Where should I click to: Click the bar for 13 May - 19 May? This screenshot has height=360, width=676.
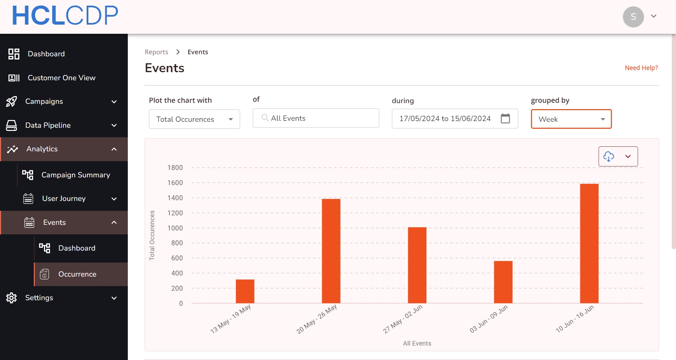(245, 291)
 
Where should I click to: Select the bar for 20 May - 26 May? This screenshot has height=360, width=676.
(331, 251)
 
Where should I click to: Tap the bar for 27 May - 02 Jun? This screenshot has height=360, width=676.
(417, 265)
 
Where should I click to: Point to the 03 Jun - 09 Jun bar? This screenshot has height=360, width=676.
(503, 282)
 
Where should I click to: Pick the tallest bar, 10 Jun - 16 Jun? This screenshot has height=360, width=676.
(589, 243)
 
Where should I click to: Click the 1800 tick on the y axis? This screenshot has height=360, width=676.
(175, 168)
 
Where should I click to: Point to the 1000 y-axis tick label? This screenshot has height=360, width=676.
(175, 228)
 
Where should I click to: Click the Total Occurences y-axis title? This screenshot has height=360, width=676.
(152, 235)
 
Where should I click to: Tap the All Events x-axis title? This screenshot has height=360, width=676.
(417, 343)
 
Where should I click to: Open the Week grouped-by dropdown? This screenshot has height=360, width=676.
(571, 119)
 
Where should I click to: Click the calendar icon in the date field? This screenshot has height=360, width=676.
(505, 118)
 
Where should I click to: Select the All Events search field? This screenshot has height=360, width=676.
(316, 118)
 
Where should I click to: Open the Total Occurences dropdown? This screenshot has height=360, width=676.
(194, 119)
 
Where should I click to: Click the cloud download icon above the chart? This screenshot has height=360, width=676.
(609, 156)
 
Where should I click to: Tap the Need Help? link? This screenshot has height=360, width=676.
(641, 68)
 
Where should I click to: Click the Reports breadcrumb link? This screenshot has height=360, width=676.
(156, 52)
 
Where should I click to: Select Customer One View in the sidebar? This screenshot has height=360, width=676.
(62, 78)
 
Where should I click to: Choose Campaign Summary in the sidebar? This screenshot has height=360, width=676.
(76, 175)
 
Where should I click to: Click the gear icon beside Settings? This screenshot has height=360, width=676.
(12, 298)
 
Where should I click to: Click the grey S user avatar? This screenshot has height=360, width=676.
(633, 17)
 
